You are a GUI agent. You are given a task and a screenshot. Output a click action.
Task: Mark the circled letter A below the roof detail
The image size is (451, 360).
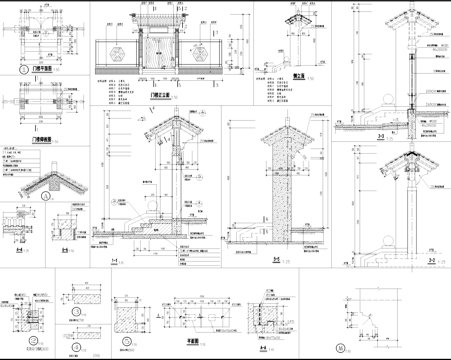point(46,197)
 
